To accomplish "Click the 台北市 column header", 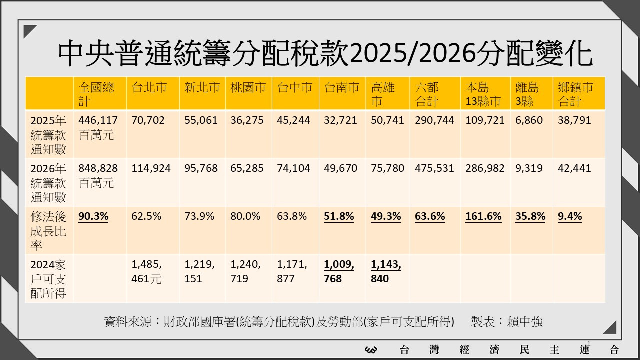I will (149, 88).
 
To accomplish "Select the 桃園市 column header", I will (248, 88).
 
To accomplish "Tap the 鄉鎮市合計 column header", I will (575, 94).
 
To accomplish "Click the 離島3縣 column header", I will (527, 94).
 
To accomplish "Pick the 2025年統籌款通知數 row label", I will (48, 135).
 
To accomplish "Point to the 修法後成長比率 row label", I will (48, 231).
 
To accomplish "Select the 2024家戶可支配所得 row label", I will (48, 279).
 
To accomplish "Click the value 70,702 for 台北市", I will (148, 120).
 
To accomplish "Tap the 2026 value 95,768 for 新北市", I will (201, 168).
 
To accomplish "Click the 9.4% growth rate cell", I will (570, 216).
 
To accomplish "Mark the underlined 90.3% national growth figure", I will (93, 216).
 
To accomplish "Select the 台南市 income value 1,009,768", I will (339, 272).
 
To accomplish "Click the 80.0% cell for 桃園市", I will (245, 216).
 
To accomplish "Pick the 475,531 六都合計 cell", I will (434, 168).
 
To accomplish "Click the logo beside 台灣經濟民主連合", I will (371, 350).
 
